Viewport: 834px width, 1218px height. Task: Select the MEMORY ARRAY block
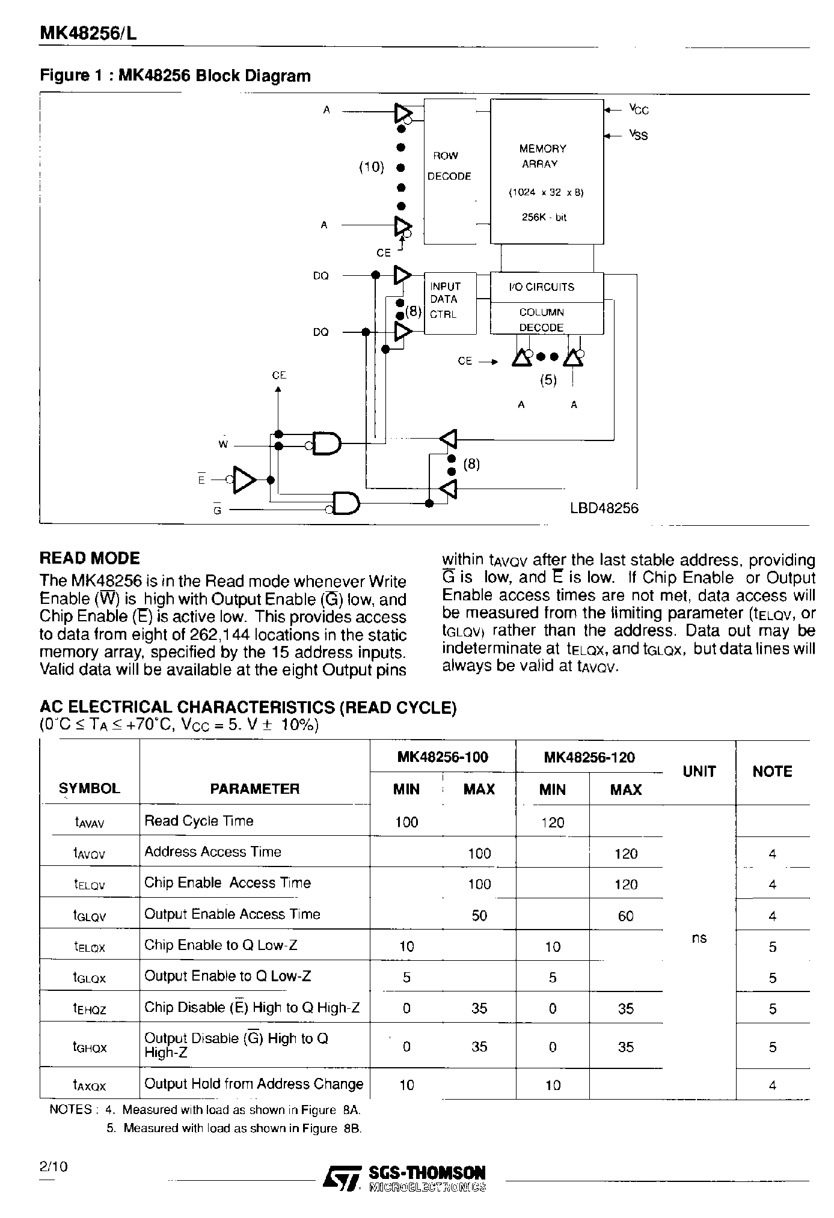547,171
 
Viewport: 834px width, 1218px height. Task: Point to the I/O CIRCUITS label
541,287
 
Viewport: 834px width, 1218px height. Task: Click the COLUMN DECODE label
541,320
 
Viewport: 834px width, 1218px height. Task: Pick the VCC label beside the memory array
639,109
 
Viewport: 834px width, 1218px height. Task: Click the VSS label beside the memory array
639,135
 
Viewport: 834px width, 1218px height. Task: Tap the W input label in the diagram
223,445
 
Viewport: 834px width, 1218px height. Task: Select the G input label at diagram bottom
217,510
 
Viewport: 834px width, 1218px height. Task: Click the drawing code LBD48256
604,508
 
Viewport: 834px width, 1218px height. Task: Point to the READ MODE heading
90,558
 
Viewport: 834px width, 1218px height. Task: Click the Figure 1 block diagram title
175,76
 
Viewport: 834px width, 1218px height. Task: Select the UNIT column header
699,772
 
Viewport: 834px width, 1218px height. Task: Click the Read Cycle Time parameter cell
199,821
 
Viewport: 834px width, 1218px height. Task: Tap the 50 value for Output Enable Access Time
479,916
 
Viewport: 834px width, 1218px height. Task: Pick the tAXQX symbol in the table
90,1085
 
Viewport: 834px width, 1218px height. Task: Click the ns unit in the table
699,938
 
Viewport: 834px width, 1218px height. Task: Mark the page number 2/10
54,1166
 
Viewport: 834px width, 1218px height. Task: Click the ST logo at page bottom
342,1178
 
